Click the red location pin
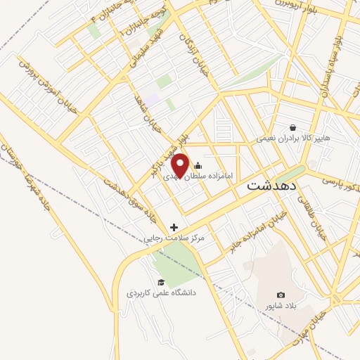pos(181,165)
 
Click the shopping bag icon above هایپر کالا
pos(292,127)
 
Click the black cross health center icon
pos(174,226)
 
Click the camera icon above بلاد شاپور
pos(281,295)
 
